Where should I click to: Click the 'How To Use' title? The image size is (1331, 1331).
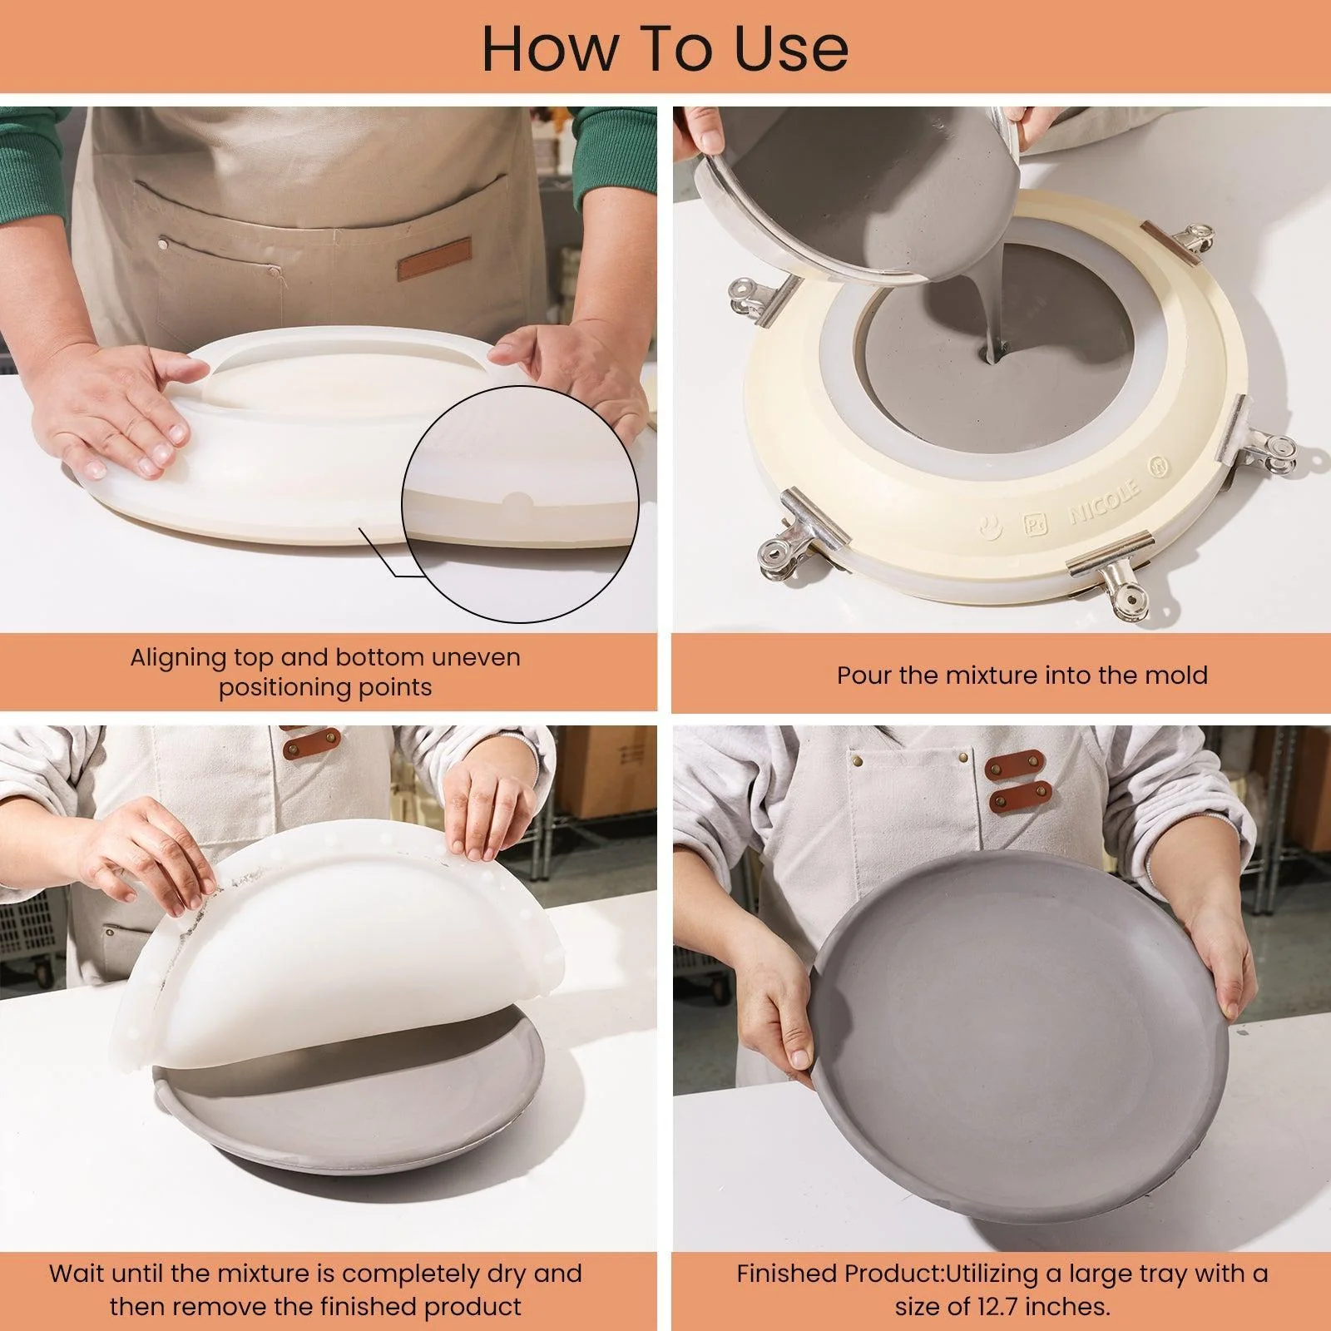click(x=665, y=48)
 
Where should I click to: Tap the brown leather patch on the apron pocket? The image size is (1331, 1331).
click(x=433, y=260)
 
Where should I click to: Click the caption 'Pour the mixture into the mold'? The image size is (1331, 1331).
click(x=1022, y=675)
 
